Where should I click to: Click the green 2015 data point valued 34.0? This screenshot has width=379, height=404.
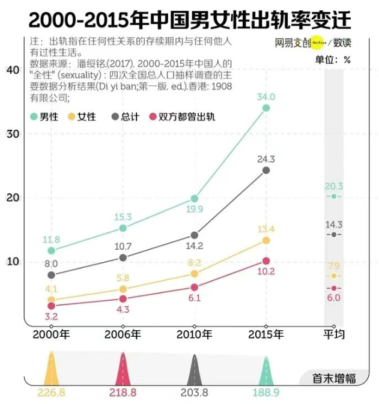pyautogui.click(x=266, y=108)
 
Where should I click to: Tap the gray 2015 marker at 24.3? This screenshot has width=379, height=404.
pyautogui.click(x=266, y=170)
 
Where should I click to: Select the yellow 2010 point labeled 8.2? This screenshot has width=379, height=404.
pyautogui.click(x=195, y=274)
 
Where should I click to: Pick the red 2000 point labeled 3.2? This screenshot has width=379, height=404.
pyautogui.click(x=52, y=306)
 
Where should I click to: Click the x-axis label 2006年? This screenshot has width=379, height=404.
pyautogui.click(x=123, y=334)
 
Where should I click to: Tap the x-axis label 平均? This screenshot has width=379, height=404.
pyautogui.click(x=334, y=334)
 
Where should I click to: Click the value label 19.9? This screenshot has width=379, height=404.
pyautogui.click(x=195, y=209)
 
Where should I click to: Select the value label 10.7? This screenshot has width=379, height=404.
pyautogui.click(x=123, y=246)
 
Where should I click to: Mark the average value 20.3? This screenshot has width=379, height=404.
pyautogui.click(x=334, y=186)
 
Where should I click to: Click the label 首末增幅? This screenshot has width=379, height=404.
pyautogui.click(x=334, y=378)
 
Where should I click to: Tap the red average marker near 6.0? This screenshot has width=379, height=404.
pyautogui.click(x=334, y=288)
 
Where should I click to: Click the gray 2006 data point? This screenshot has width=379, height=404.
pyautogui.click(x=123, y=258)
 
